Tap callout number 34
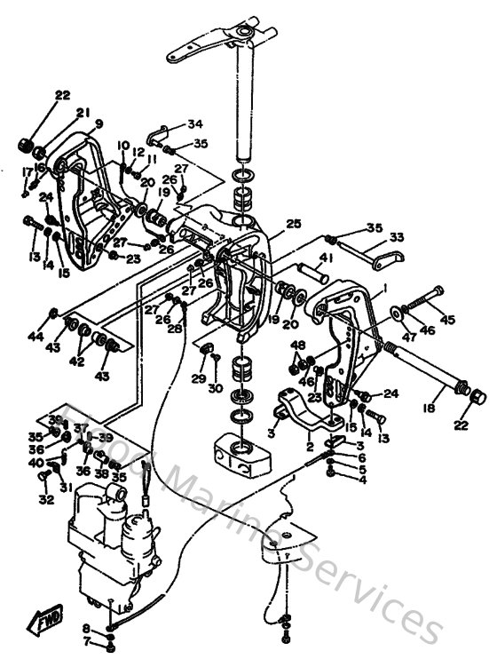[x=194, y=123]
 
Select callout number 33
[x=396, y=238]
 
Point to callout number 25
[x=294, y=224]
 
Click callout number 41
[x=326, y=258]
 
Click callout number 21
[x=83, y=112]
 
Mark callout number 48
[x=298, y=345]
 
